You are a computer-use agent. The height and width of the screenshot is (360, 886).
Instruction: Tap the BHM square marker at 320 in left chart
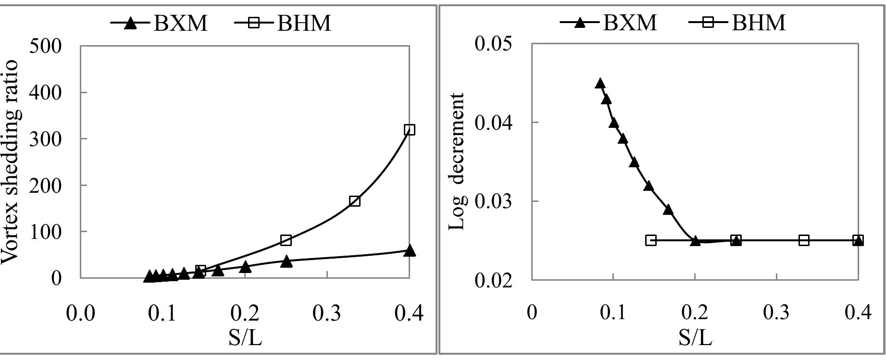[x=410, y=130]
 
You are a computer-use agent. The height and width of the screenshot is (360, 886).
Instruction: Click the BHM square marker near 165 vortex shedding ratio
[x=355, y=201]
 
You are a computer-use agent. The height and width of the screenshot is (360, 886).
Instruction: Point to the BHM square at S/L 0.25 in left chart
[x=286, y=240]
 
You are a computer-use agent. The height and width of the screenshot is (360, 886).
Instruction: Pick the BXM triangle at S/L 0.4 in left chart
[x=410, y=250]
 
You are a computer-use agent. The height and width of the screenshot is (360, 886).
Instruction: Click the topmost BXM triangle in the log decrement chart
[x=600, y=84]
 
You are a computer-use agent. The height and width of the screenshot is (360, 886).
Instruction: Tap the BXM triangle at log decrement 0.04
[x=613, y=123]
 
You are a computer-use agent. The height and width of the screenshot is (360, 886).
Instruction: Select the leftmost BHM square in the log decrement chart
[x=651, y=240]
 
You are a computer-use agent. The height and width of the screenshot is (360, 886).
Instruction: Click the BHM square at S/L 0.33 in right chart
[x=804, y=240]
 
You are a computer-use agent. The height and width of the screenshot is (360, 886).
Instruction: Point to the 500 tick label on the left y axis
[x=46, y=47]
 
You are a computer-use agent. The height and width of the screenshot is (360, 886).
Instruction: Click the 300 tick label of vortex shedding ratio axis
[x=46, y=139]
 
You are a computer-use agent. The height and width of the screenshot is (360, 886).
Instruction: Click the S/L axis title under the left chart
[x=245, y=339]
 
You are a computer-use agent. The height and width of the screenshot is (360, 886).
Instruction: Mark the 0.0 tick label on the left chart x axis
[x=81, y=313]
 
